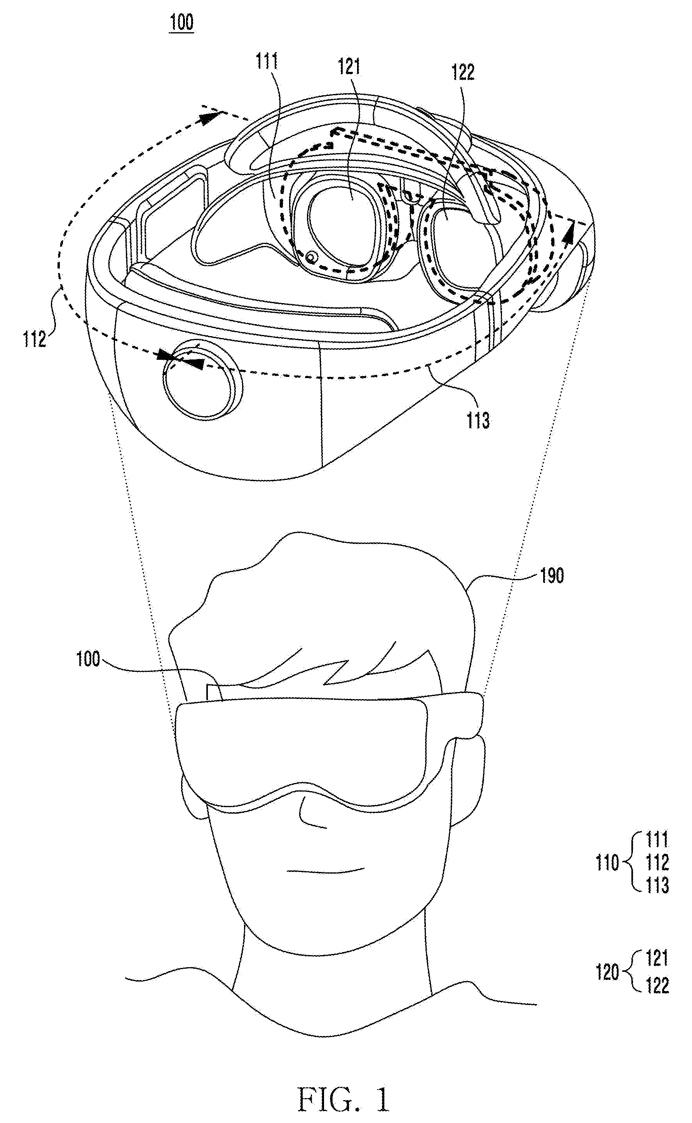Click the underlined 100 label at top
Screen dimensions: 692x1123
182,22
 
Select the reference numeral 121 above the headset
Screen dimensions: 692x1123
349,67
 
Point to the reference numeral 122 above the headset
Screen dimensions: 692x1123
463,72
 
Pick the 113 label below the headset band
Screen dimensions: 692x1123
478,420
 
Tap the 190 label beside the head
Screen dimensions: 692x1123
552,576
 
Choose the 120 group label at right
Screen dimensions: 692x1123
607,972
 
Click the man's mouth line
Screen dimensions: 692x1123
325,870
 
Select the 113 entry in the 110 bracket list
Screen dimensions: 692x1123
657,886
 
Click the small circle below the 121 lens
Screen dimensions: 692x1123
311,258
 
